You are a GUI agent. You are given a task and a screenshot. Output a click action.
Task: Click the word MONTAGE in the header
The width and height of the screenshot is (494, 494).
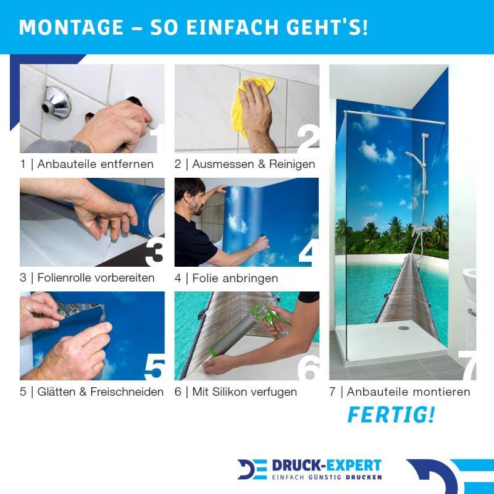coord(71,27)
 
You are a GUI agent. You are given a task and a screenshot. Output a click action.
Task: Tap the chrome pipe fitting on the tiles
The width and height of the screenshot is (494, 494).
coord(57,102)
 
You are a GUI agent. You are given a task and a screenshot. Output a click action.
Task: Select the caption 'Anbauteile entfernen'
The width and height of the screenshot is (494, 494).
coord(95,164)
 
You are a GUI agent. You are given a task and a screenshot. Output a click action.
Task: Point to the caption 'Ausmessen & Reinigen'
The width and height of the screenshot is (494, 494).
coord(254,164)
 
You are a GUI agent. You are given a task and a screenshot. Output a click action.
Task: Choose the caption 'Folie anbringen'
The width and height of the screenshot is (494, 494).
coord(235,278)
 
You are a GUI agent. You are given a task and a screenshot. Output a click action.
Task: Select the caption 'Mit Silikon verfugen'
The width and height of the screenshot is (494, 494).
coord(245,392)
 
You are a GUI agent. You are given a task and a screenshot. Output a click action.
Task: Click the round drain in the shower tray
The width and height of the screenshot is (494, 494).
coord(403,328)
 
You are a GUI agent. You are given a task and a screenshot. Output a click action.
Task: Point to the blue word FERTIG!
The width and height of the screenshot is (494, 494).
coord(391,414)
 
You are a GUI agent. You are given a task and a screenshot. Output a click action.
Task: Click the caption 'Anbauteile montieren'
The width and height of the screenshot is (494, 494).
coord(408,392)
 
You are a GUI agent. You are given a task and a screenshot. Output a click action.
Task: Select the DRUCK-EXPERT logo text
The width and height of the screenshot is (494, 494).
coord(327,466)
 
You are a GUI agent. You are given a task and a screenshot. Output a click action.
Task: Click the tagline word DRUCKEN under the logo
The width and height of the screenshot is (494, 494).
coord(364,477)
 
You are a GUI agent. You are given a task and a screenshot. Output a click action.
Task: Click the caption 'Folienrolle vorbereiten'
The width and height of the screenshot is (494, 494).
coord(96,278)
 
